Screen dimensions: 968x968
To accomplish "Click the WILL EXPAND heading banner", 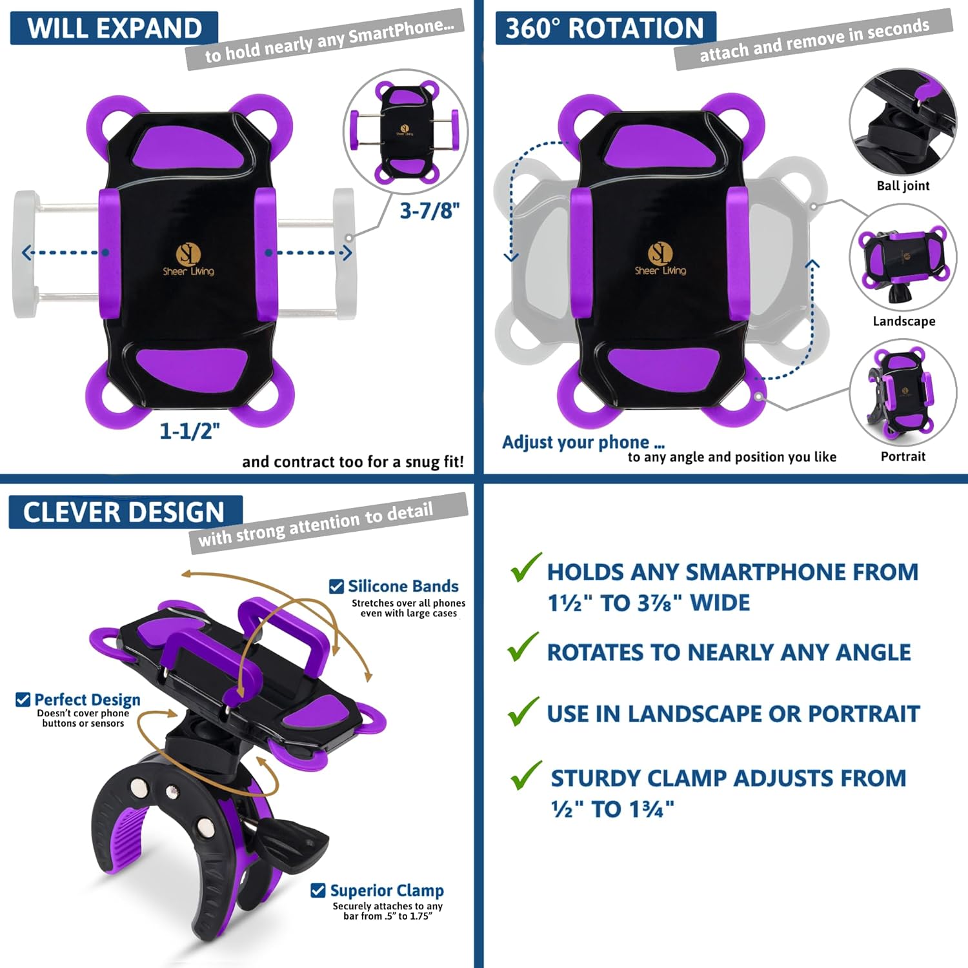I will point(114,28).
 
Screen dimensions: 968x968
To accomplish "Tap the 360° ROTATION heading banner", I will point(605,28).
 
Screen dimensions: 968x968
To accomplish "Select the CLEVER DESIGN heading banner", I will point(124,512).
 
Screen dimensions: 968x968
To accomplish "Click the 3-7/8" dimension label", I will point(430,210).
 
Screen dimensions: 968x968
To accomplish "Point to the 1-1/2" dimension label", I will point(190,430).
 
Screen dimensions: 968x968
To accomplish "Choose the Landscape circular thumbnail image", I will point(903,257).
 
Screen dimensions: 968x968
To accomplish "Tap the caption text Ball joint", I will point(903,186).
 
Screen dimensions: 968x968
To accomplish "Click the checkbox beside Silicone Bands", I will point(336,586).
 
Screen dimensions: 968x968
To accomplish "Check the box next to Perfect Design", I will point(23,700).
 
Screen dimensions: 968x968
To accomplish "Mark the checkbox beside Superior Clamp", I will point(318,891).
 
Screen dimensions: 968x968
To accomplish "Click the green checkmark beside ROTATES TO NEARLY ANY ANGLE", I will point(523,647).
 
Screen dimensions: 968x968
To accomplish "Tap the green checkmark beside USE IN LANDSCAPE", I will point(523,711).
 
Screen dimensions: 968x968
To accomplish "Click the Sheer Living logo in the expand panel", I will point(188,259).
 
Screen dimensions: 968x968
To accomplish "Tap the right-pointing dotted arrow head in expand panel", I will point(347,252).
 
